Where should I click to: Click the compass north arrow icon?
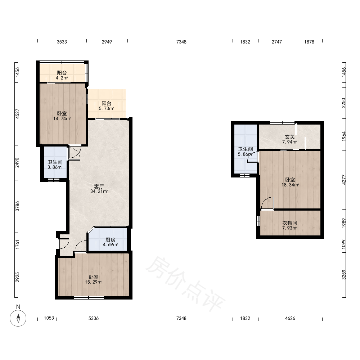(x=18, y=318)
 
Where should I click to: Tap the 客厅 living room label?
(x=99, y=186)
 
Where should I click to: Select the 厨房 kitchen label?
(x=111, y=240)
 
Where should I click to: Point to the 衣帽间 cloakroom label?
(x=290, y=223)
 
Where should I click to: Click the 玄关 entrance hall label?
(x=290, y=137)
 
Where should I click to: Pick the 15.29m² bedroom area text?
(x=94, y=282)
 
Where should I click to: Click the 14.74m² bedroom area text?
(x=62, y=118)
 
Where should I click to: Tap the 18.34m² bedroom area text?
(x=290, y=185)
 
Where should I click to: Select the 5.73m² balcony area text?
(x=107, y=108)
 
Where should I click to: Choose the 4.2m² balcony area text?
(x=62, y=78)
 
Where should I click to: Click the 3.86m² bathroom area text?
(x=55, y=167)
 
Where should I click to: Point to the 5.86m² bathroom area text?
(x=245, y=154)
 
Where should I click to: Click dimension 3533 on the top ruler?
(x=62, y=42)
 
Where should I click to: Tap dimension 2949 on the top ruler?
(x=107, y=42)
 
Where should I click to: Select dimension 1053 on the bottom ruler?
(x=49, y=318)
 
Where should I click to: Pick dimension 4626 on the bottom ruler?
(x=290, y=318)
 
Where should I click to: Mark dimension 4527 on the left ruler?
(x=17, y=114)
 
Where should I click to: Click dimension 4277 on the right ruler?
(x=344, y=180)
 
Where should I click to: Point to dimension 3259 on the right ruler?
(x=344, y=275)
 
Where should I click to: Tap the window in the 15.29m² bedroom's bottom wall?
(x=89, y=298)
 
